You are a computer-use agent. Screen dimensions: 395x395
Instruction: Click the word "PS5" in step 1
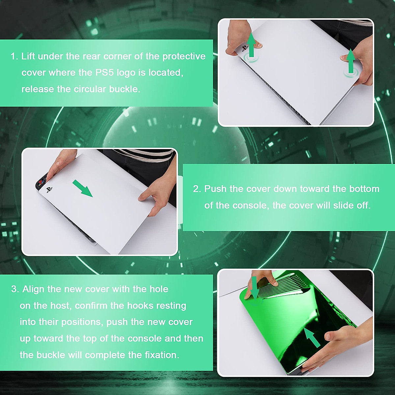pos(105,72)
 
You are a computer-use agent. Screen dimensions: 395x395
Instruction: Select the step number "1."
pos(14,56)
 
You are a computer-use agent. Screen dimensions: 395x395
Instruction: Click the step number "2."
pos(197,189)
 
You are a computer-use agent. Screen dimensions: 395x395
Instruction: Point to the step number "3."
pos(15,289)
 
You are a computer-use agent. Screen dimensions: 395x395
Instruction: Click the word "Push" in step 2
pos(216,189)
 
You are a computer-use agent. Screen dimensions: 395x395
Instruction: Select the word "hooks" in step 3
pos(140,305)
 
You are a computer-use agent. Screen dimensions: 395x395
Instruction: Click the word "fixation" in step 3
pos(161,355)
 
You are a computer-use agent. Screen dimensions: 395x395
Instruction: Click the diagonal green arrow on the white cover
pos(83,188)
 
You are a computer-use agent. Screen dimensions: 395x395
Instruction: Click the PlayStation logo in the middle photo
pos(49,190)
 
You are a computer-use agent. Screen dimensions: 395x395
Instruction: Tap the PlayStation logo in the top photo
pos(245,48)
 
